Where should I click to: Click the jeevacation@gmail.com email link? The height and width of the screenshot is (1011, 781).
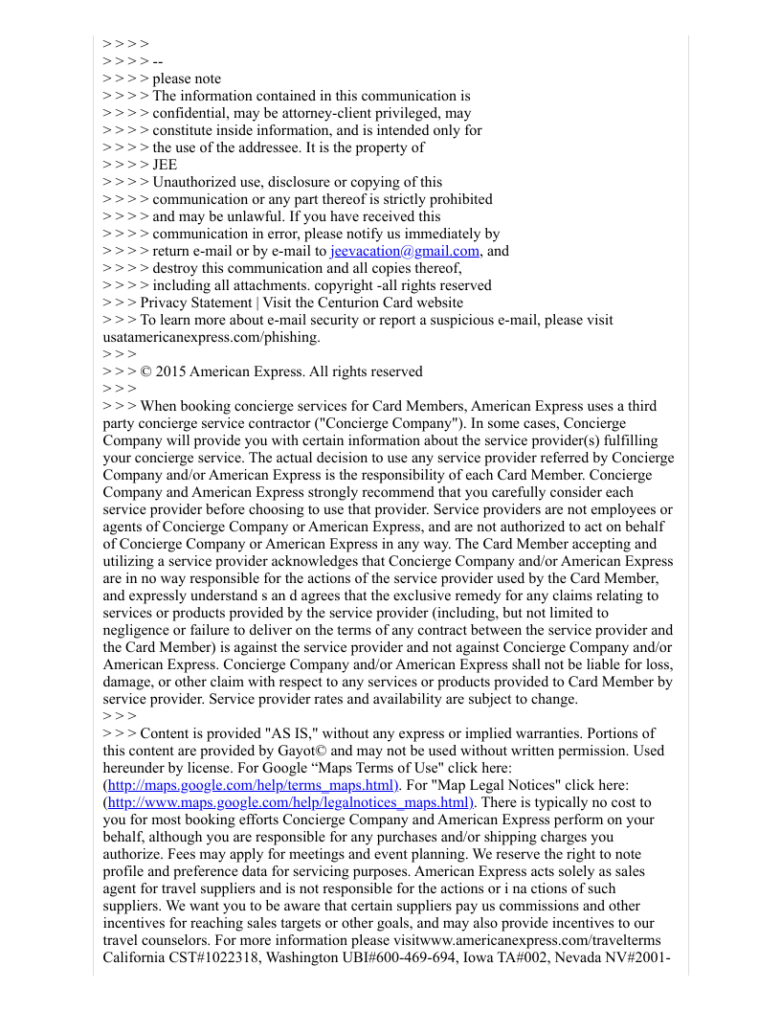pos(404,251)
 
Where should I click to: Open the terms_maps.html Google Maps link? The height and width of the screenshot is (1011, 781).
pos(252,785)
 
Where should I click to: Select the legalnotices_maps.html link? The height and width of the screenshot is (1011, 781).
pos(289,802)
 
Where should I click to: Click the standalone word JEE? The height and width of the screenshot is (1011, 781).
pos(165,165)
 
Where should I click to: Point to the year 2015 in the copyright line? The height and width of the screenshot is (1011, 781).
pos(170,371)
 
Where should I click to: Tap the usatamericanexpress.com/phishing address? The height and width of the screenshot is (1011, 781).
pos(211,337)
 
